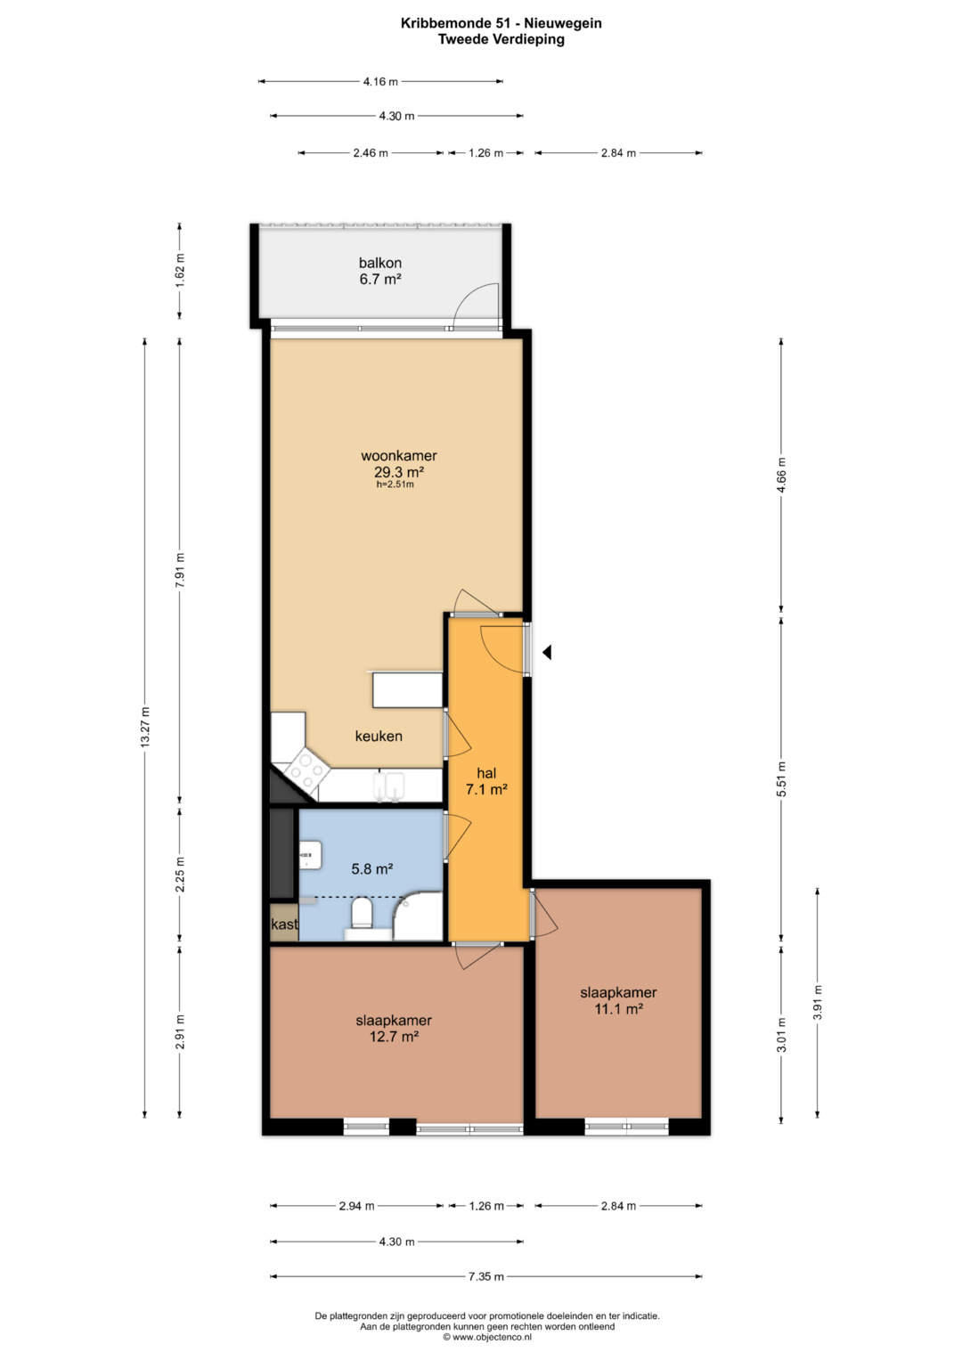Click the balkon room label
(x=380, y=263)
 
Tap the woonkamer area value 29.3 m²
(x=398, y=472)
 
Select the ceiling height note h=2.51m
(x=395, y=485)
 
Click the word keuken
(x=379, y=736)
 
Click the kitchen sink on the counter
(x=389, y=786)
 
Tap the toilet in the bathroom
(x=362, y=913)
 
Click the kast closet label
(x=284, y=924)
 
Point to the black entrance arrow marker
(x=547, y=653)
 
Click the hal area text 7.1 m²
(x=486, y=789)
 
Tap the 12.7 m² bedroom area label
(x=394, y=1036)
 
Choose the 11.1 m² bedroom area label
(x=618, y=1008)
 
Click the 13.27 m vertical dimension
(x=144, y=728)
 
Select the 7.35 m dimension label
(x=485, y=1276)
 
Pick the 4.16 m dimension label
(x=381, y=81)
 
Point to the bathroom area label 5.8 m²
(x=371, y=869)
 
